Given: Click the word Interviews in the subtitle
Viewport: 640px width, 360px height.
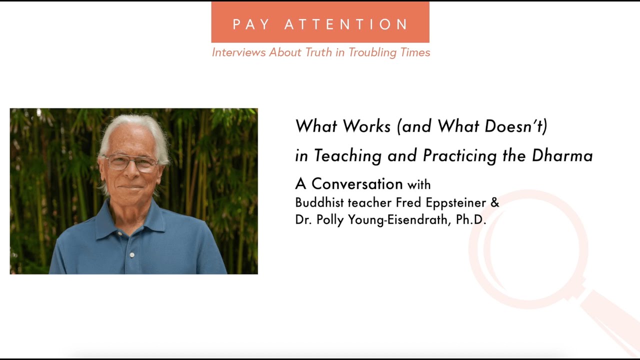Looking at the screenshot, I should (239, 52).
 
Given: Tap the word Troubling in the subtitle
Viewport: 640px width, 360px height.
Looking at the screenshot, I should (373, 52).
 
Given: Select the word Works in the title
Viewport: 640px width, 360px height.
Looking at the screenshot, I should (367, 126).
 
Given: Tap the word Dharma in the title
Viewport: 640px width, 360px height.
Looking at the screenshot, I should (562, 155).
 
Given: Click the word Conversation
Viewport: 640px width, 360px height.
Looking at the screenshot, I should (357, 184).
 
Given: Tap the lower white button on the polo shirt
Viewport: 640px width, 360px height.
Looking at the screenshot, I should (132, 255).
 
